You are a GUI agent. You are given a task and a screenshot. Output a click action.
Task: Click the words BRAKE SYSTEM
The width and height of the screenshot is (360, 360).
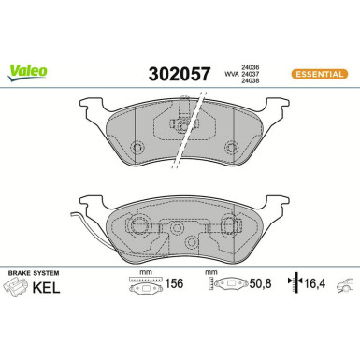pyautogui.click(x=32, y=271)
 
